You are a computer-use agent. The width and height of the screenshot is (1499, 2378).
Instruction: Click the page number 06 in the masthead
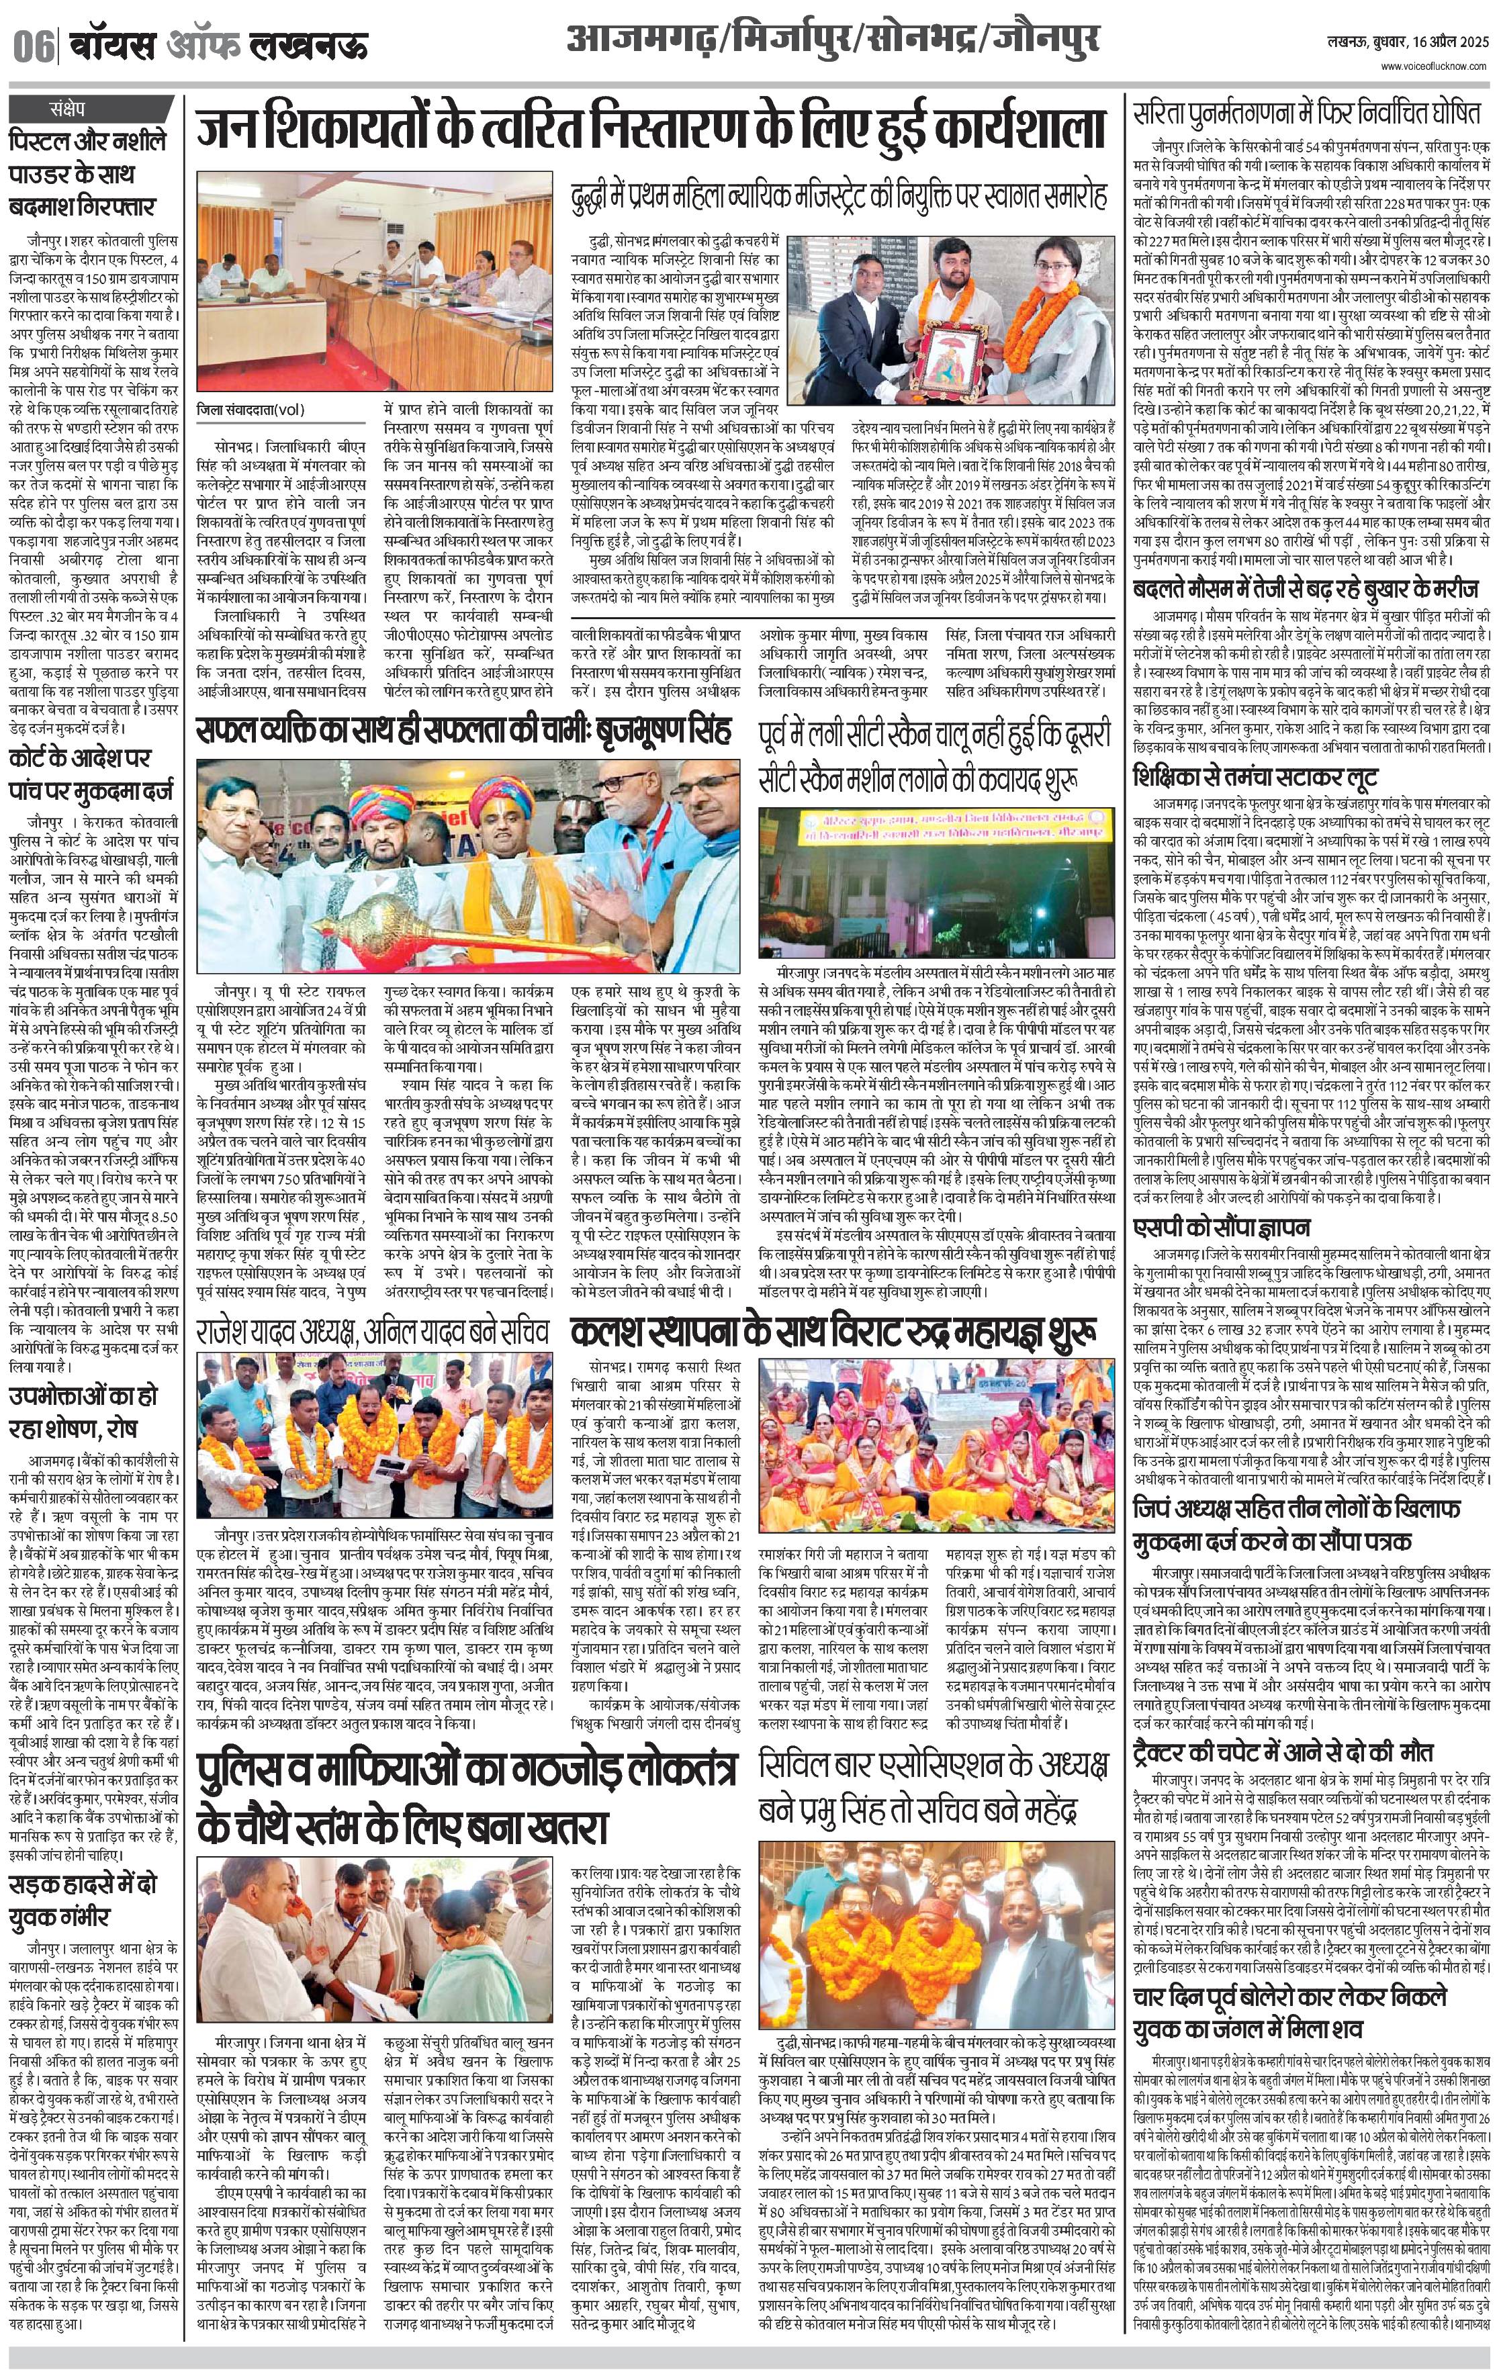click(36, 46)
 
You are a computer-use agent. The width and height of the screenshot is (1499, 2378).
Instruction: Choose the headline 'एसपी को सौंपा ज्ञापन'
click(1222, 1228)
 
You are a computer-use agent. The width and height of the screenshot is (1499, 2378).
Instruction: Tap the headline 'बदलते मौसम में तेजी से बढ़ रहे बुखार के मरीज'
click(1306, 590)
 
